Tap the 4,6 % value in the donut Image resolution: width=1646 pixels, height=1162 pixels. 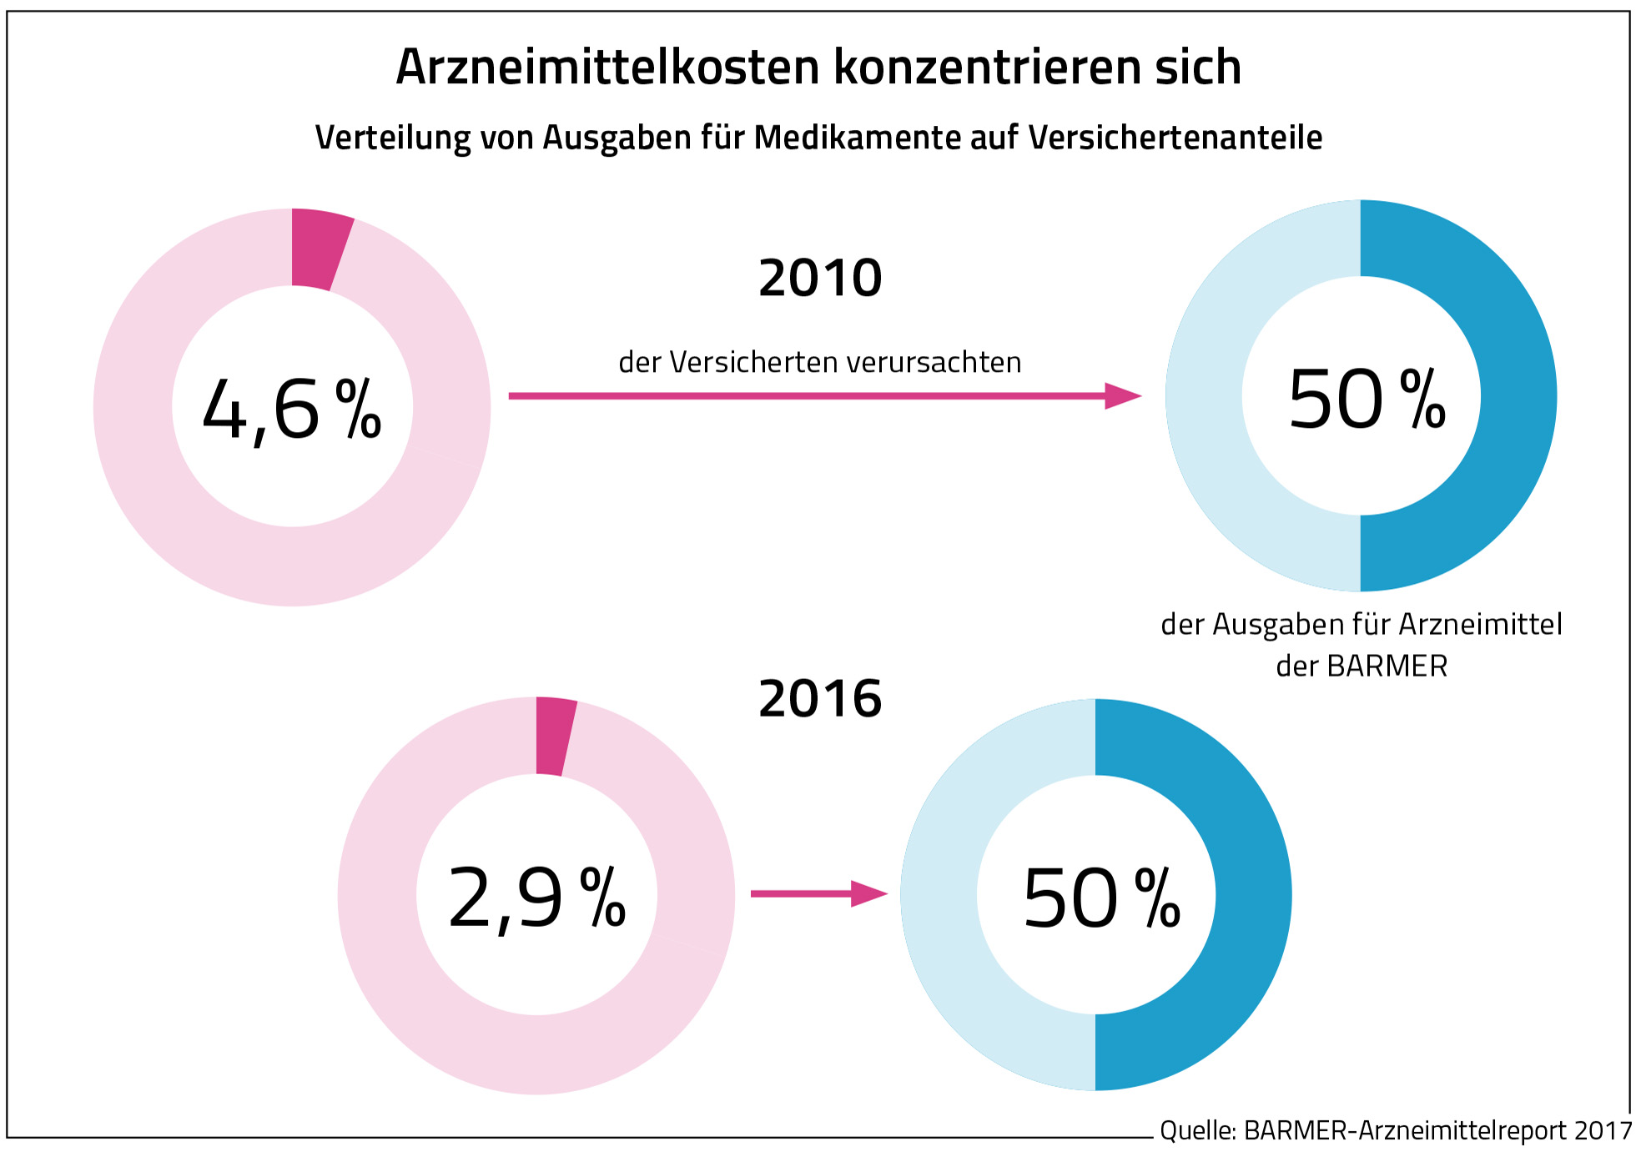292,409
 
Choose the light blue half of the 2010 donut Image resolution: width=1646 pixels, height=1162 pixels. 1205,395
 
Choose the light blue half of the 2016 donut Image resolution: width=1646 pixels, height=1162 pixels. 939,894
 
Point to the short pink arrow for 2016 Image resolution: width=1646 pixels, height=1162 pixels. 818,893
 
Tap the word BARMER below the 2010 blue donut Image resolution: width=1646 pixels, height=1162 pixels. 1387,667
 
